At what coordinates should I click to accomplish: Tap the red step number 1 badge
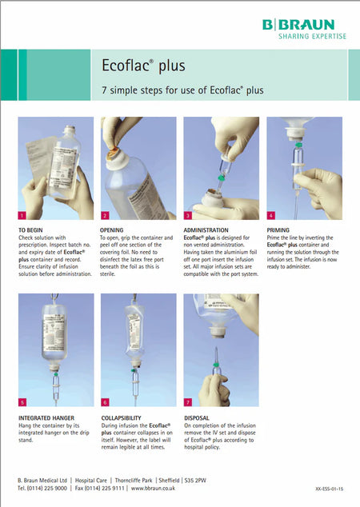(x=22, y=215)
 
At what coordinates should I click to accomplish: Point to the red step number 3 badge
(x=188, y=215)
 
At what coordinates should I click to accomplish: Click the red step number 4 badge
(x=271, y=215)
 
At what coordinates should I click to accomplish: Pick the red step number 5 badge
(x=22, y=401)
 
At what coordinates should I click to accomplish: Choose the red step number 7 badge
(x=188, y=401)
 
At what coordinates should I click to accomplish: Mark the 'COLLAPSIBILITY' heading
(x=124, y=417)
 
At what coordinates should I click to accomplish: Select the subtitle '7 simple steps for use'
(x=182, y=90)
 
